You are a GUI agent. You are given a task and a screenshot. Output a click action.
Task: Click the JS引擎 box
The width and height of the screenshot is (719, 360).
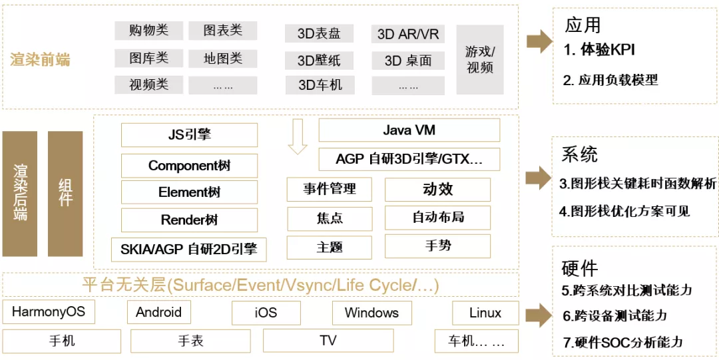coord(189,135)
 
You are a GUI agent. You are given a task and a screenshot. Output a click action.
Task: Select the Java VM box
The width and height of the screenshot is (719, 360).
coord(409,130)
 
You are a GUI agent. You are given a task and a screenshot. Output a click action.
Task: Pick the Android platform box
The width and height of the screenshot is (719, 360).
coord(158,312)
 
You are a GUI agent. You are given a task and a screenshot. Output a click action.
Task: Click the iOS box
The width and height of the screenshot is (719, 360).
coord(265,313)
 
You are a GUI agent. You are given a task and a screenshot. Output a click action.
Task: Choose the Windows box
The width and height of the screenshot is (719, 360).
coord(371,313)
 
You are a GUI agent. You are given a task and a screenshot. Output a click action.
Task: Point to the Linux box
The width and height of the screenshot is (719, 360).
coord(485,313)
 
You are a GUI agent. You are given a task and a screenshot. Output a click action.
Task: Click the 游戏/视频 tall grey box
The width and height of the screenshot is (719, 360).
coord(480,59)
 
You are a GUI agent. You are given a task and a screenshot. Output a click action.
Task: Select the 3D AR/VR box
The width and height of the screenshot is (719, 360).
coord(408,34)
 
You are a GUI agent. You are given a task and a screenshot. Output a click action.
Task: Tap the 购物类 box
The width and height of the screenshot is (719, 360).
coord(148,31)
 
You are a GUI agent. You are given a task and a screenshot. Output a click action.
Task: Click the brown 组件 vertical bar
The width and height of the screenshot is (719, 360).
coord(65,194)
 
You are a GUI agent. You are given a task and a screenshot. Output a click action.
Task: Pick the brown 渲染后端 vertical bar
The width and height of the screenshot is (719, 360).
coord(20,194)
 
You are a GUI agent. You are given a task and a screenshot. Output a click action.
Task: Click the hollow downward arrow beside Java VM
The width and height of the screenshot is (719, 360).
coord(297,137)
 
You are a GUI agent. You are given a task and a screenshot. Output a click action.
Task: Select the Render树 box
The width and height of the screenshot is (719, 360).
coord(189,220)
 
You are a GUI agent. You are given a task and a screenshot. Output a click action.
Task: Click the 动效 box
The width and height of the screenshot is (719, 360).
coord(437,190)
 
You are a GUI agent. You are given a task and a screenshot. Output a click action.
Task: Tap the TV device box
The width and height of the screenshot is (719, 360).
coord(328,341)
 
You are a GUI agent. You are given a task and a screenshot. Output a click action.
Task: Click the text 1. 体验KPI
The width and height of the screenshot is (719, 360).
coord(599,49)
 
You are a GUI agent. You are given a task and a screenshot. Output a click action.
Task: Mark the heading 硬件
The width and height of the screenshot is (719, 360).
coord(579,268)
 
